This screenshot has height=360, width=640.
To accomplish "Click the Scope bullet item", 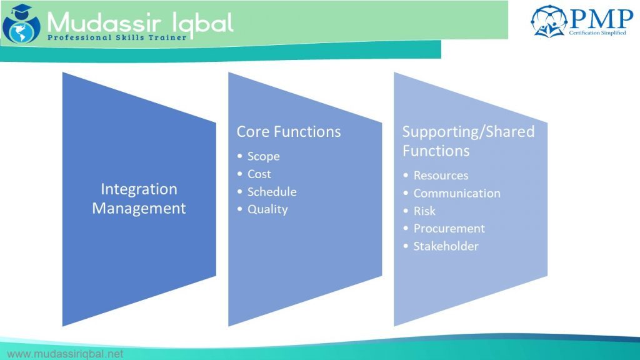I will click(263, 156).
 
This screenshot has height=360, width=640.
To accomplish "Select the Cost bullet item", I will click(259, 174).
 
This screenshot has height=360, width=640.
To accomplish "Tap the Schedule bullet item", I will click(271, 192).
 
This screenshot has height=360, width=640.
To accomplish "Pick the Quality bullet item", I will click(267, 209).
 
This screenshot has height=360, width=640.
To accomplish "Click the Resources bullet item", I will click(440, 176).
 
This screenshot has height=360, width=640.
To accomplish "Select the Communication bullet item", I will click(456, 193).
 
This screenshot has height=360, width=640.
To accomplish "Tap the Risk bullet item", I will click(424, 211).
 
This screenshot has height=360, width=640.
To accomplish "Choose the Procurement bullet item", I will click(449, 229).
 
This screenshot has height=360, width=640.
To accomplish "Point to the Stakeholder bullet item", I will click(446, 246).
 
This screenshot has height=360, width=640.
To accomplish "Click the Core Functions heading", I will click(289, 132).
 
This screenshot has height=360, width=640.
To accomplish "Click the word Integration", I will click(139, 189).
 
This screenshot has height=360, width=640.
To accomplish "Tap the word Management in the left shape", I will click(139, 208).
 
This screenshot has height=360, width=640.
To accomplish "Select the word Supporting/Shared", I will click(468, 132).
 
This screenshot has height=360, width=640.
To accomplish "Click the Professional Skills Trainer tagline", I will click(117, 38).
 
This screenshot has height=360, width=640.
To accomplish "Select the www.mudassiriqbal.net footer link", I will click(64, 354).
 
